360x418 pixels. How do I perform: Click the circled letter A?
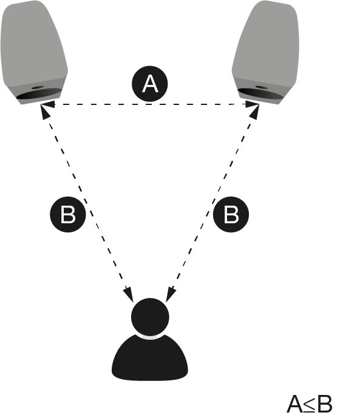150,84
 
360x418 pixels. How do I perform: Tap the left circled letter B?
68,214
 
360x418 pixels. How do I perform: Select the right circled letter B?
231,214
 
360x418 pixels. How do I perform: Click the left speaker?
34,53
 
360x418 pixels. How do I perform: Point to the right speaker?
265,53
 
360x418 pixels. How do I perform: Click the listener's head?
150,317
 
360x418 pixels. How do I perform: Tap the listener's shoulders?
150,357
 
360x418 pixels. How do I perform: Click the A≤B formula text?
310,404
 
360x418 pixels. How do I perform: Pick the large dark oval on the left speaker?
39,94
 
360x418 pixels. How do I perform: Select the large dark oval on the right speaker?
260,94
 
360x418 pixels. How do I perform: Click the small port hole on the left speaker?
38,87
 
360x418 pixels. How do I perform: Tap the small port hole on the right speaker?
261,87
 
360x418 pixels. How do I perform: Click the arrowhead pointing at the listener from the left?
129,295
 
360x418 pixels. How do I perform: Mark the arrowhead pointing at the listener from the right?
171,295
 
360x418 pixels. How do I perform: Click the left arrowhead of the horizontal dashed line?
48,104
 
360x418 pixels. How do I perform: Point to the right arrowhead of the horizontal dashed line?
252,104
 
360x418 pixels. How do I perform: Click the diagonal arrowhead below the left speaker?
45,112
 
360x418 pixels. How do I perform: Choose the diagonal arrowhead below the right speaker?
254,112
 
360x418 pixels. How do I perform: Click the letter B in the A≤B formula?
325,404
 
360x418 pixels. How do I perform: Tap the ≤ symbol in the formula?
310,405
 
